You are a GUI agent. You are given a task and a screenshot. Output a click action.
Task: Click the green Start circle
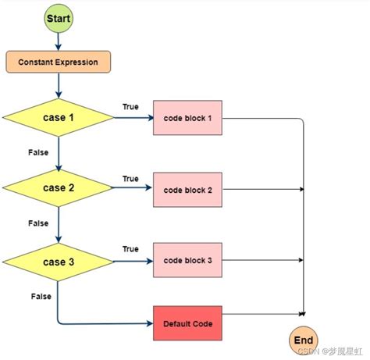tap(58, 18)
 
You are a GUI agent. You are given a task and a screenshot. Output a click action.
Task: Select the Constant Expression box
tap(58, 61)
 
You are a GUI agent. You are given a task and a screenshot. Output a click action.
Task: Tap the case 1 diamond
tap(58, 118)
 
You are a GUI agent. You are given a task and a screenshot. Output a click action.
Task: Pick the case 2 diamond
tap(58, 188)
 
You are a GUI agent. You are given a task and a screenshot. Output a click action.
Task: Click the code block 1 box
tap(187, 118)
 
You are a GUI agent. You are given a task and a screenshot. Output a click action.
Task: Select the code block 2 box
tap(187, 189)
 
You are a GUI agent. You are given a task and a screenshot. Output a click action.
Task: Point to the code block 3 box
tap(187, 259)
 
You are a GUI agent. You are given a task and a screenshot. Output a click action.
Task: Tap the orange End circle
tap(304, 340)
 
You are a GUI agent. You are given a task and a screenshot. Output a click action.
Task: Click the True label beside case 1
tap(131, 106)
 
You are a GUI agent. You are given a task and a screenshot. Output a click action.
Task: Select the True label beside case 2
tap(131, 178)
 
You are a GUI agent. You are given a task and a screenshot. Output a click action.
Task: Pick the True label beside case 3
tap(131, 248)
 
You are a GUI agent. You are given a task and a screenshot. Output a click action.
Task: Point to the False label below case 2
tap(39, 223)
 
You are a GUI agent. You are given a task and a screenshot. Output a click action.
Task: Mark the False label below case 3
tap(41, 296)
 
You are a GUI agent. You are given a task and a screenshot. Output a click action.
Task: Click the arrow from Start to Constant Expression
tap(58, 41)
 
